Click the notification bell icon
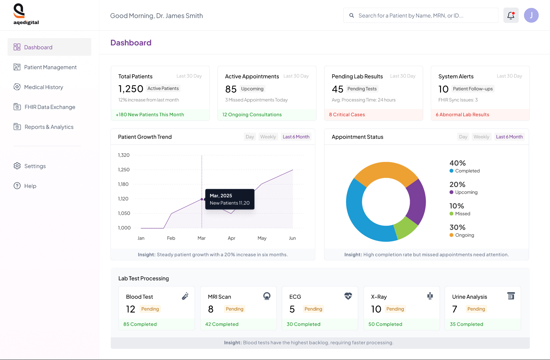coord(511,15)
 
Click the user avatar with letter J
coord(531,15)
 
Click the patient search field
coord(420,16)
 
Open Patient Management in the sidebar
coord(50,67)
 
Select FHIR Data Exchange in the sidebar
coord(50,107)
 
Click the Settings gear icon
coord(17,166)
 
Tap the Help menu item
coord(30,186)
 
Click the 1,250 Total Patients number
coord(131,89)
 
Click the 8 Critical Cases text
coord(347,115)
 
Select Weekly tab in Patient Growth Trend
coord(268,137)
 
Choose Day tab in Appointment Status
coord(463,137)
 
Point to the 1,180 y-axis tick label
coord(123,184)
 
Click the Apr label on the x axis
coord(231,238)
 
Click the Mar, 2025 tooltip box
coord(230,199)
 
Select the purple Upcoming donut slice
coord(416,201)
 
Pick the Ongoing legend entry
coord(464,235)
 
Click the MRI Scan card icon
coord(267,296)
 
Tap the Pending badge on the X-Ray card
coord(395,309)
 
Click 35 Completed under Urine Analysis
coord(466,324)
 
